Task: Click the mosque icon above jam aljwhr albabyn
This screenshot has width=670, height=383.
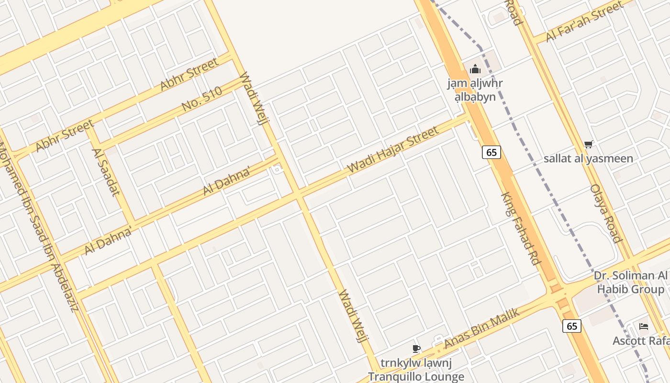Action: tap(475, 69)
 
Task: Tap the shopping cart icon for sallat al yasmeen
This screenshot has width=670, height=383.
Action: tap(589, 144)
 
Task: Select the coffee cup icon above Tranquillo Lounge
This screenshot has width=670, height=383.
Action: tap(416, 349)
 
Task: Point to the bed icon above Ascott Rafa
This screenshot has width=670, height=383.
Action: tap(644, 327)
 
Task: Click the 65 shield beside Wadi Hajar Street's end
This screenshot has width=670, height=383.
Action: tap(491, 152)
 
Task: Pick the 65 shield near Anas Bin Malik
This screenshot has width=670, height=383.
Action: tap(572, 326)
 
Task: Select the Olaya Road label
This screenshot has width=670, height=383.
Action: tap(606, 214)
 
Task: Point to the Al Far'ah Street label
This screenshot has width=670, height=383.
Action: tap(584, 21)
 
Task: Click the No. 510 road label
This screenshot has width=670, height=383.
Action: tap(202, 99)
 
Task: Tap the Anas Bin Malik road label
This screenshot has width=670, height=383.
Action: tap(481, 328)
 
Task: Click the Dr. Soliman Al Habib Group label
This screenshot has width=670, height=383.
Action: tap(631, 282)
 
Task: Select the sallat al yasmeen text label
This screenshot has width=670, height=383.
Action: tap(588, 158)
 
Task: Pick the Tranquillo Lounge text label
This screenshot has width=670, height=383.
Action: tap(416, 376)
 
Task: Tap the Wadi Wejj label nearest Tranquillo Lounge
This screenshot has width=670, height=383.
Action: tap(354, 316)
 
